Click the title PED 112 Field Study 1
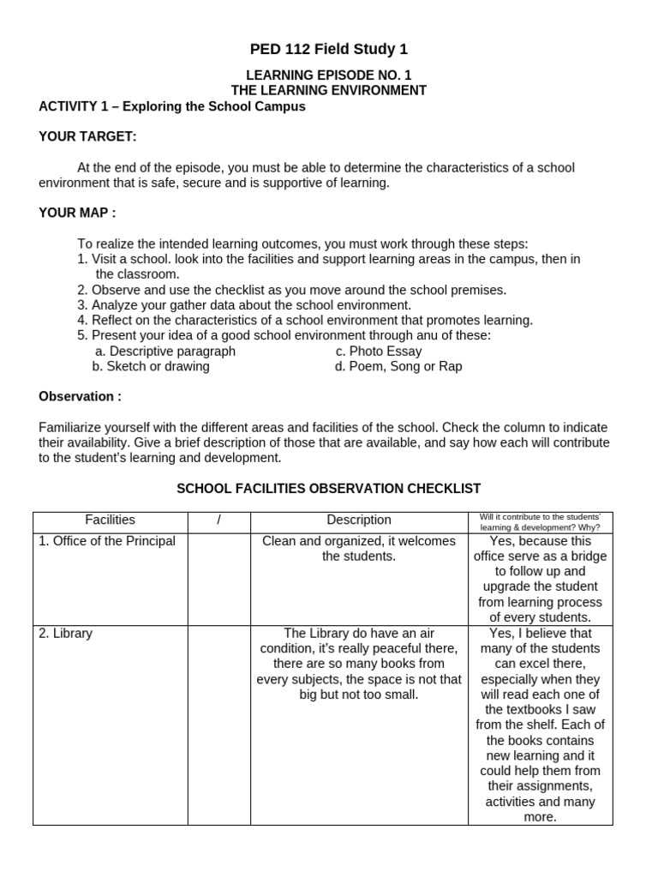(329, 49)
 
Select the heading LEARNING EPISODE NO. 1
(329, 75)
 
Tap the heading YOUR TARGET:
(87, 137)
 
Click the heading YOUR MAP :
(77, 213)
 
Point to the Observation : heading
(80, 396)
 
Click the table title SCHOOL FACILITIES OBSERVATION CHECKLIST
(328, 488)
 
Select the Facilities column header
(110, 520)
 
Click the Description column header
(358, 520)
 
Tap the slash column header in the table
(218, 520)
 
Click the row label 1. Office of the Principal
(107, 541)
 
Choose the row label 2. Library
(66, 634)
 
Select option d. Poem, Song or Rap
(398, 366)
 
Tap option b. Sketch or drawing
(151, 366)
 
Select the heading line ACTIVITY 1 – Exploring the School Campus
(171, 106)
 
